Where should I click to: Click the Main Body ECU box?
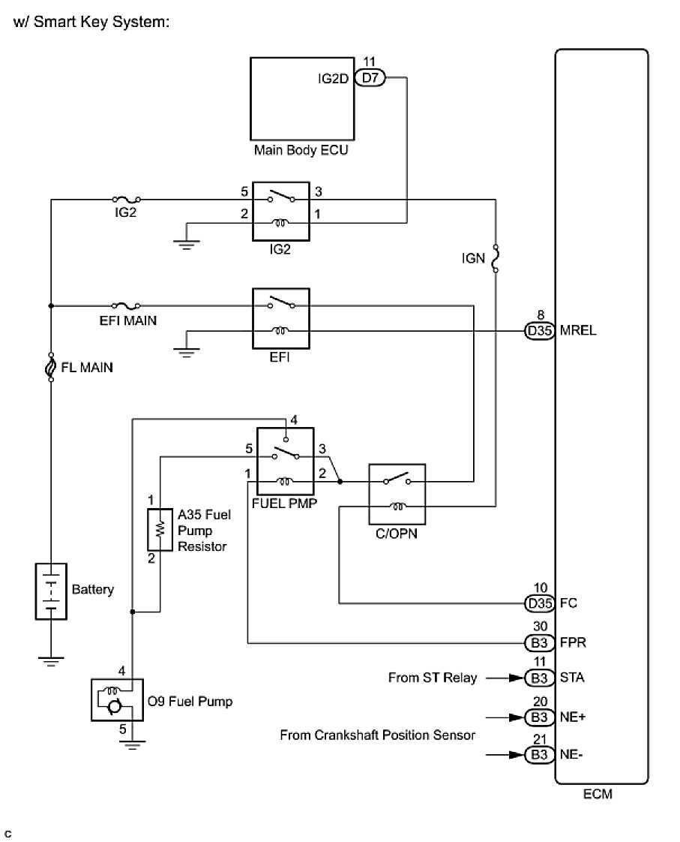click(x=302, y=99)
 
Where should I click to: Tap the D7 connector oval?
click(x=370, y=78)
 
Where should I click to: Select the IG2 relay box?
click(x=281, y=212)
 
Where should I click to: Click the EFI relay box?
click(x=281, y=318)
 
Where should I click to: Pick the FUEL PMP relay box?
click(x=286, y=462)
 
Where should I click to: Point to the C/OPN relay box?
click(x=397, y=494)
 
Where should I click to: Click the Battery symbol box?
click(x=51, y=591)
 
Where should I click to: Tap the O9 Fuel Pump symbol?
click(x=117, y=699)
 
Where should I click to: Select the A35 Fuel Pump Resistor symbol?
click(x=160, y=530)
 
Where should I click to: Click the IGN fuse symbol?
click(x=496, y=259)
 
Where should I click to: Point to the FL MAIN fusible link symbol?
click(x=51, y=367)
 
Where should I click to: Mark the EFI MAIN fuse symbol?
click(x=126, y=305)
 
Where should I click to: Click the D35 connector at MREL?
click(x=540, y=331)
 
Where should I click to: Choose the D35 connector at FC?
click(x=540, y=603)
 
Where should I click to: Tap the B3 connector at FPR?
click(x=540, y=643)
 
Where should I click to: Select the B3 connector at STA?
click(x=540, y=678)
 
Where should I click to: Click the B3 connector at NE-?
click(x=540, y=755)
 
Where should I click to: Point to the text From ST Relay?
click(x=433, y=678)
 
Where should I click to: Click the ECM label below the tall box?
click(x=598, y=794)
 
